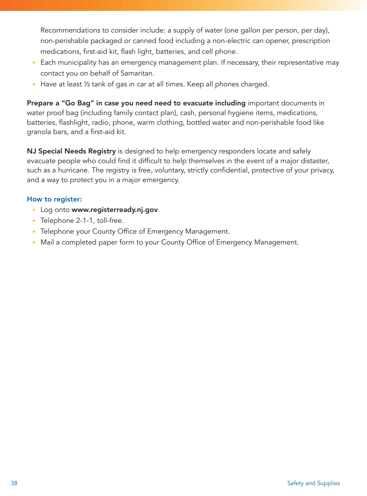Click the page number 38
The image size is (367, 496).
pyautogui.click(x=14, y=483)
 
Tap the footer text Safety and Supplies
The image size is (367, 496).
pyautogui.click(x=313, y=483)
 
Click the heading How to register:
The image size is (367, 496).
pyautogui.click(x=54, y=199)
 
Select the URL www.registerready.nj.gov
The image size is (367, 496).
pyautogui.click(x=115, y=210)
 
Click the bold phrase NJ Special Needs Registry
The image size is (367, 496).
pyautogui.click(x=71, y=151)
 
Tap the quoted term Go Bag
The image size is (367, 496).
pyautogui.click(x=78, y=103)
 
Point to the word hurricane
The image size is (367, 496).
pyautogui.click(x=73, y=170)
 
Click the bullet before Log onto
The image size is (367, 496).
pyautogui.click(x=34, y=210)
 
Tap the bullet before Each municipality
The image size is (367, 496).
pyautogui.click(x=34, y=63)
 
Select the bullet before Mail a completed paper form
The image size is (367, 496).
pyautogui.click(x=34, y=243)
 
